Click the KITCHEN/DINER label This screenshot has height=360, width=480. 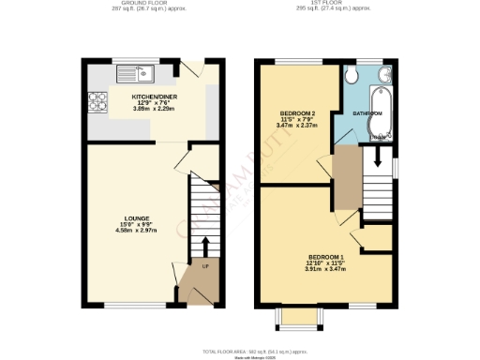[x=155, y=96]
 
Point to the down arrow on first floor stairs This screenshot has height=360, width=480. [x=377, y=160]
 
